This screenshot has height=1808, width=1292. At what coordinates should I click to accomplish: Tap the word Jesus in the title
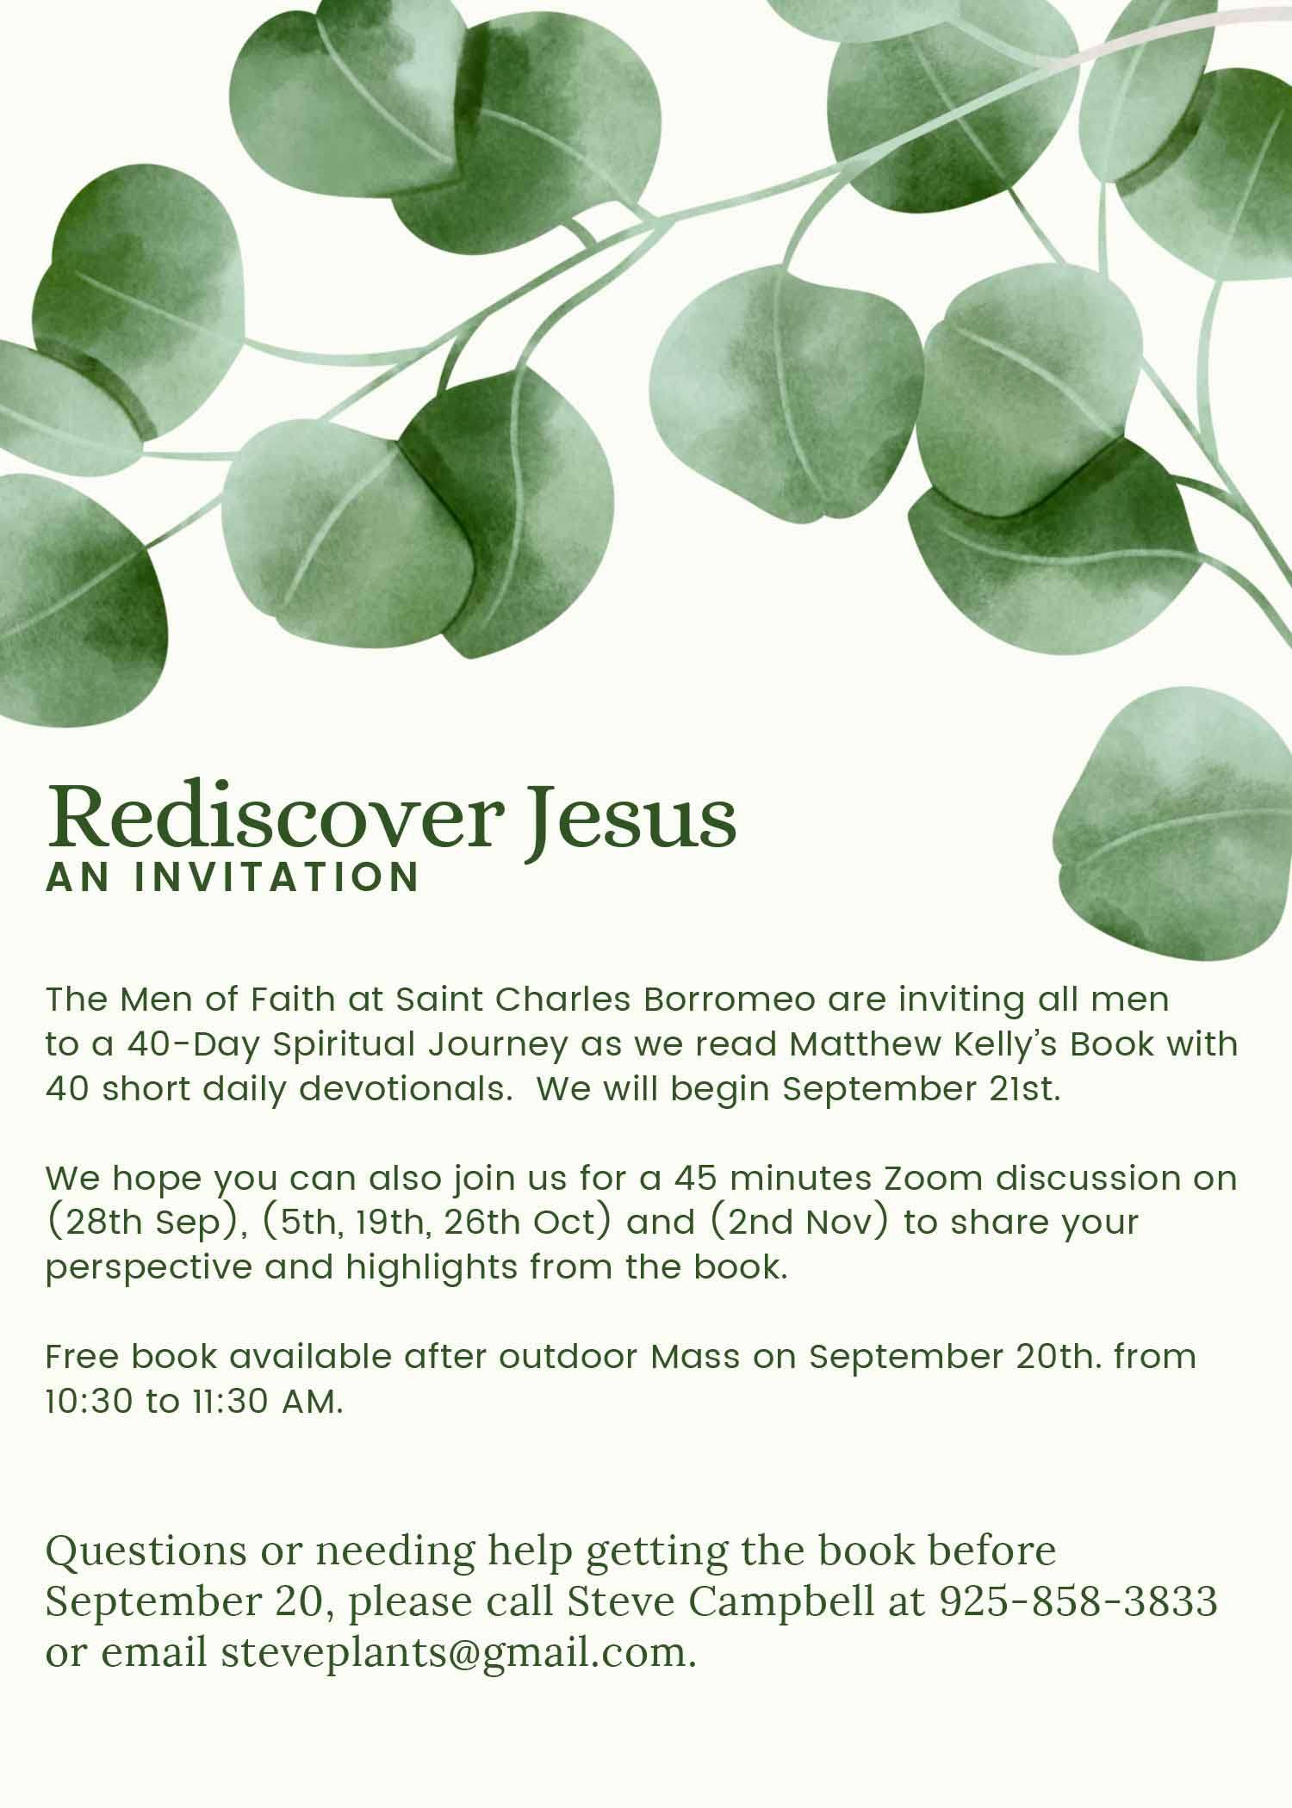click(632, 815)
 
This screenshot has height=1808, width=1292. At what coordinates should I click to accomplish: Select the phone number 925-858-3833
click(1078, 1601)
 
